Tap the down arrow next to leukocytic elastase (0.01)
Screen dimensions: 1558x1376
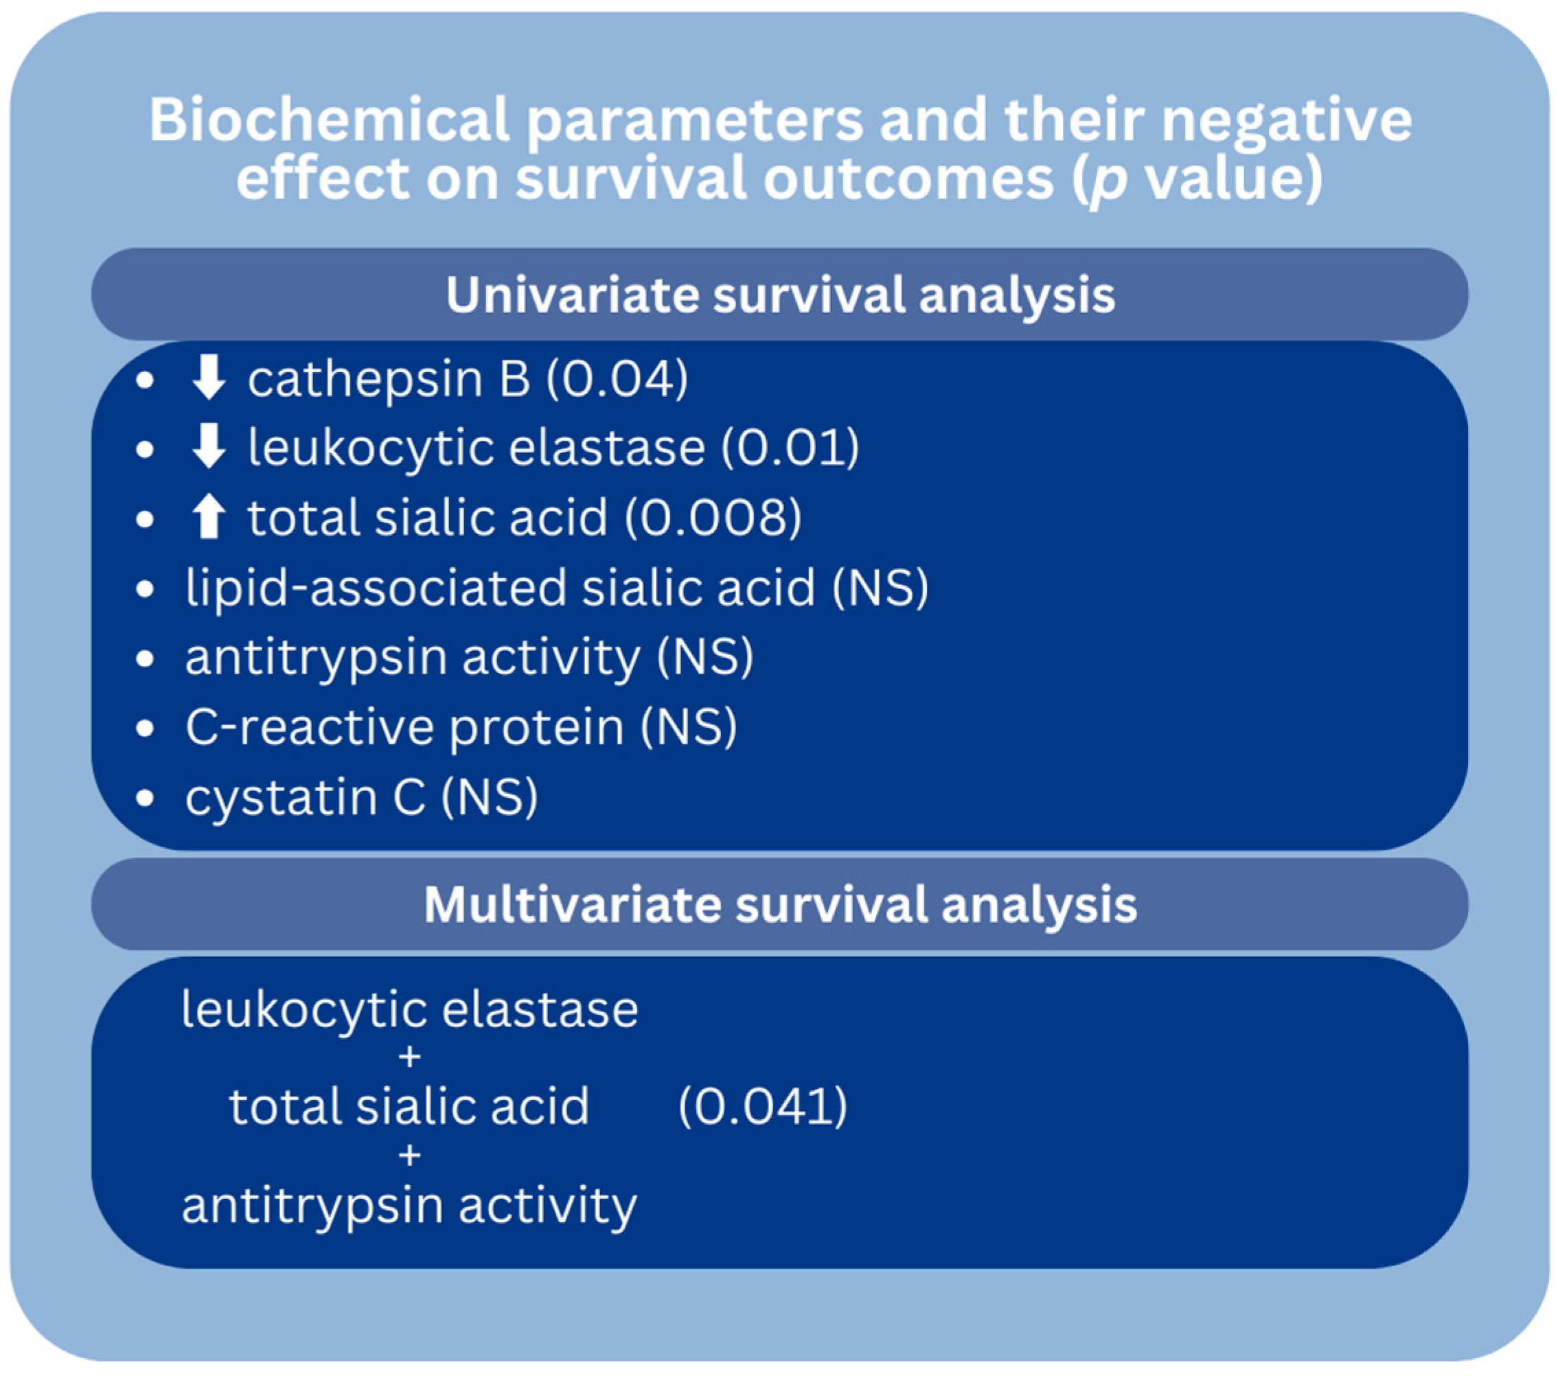(208, 447)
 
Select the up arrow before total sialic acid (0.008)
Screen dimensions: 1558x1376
(208, 517)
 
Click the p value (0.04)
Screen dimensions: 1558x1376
(617, 379)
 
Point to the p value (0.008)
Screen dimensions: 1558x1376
(713, 518)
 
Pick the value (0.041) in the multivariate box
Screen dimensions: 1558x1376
(763, 1106)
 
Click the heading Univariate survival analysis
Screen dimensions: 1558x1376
(780, 295)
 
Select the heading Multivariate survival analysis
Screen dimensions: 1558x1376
(780, 905)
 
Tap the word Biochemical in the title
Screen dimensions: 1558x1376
(330, 119)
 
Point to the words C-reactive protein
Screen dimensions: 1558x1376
(404, 727)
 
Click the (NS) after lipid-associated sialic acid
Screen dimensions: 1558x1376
(880, 588)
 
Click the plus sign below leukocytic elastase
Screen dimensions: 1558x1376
(409, 1057)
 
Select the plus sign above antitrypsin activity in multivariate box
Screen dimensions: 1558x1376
(409, 1156)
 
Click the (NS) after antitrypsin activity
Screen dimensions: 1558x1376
(705, 657)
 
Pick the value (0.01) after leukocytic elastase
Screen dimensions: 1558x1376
(790, 448)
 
